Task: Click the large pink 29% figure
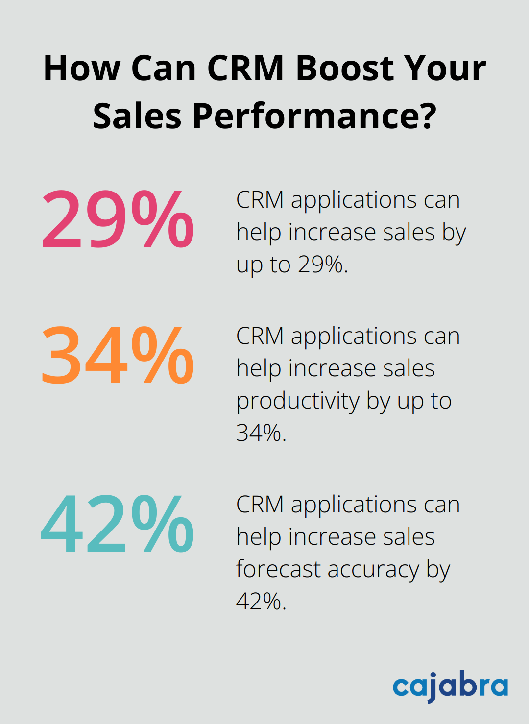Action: point(118,219)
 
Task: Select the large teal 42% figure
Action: point(118,525)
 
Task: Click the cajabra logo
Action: point(450,686)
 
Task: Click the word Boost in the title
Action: point(339,68)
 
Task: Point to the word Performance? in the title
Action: point(314,117)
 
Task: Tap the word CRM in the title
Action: point(246,68)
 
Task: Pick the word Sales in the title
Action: point(137,117)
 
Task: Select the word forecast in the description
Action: point(278,569)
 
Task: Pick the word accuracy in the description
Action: point(373,570)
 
